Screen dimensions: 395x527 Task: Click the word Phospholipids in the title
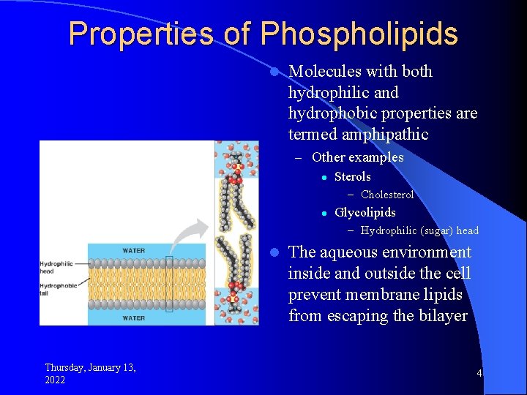point(359,34)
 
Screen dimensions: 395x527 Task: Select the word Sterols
point(352,176)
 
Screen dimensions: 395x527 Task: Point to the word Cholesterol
point(387,195)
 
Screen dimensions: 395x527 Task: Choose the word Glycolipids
point(365,212)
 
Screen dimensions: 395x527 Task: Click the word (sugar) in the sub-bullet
point(436,230)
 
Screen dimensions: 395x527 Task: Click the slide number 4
point(479,373)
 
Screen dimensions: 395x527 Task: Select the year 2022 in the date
point(55,380)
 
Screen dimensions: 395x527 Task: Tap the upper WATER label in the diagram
point(133,250)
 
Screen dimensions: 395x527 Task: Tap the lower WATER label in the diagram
point(133,318)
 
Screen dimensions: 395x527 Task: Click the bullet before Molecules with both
point(273,72)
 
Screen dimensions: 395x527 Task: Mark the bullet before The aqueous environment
point(273,252)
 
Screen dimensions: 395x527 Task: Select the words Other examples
point(357,157)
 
